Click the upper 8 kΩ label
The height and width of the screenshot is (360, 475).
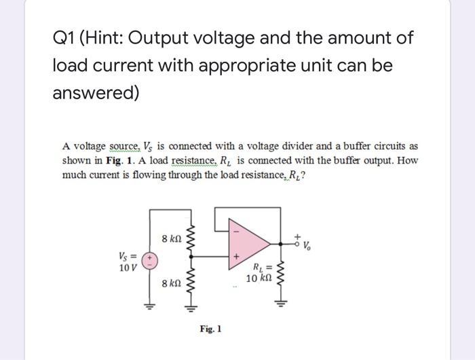click(x=170, y=238)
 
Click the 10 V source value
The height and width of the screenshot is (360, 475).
click(x=128, y=266)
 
